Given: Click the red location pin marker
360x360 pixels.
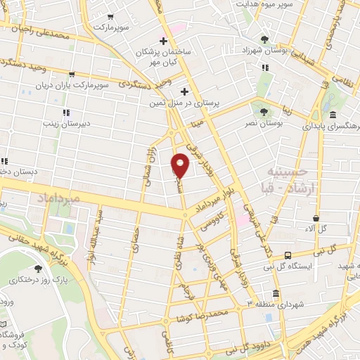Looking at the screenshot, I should click(x=180, y=165).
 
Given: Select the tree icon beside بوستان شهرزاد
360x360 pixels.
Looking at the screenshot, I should click(x=265, y=39).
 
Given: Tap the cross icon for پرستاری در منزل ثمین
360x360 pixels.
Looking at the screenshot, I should click(x=184, y=91).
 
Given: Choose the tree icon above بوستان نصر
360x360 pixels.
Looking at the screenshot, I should click(x=264, y=111).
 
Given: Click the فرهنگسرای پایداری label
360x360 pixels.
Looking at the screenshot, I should click(x=326, y=127).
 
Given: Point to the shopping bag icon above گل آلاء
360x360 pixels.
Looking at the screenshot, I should click(x=317, y=218).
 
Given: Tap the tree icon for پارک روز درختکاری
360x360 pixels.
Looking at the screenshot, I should click(x=38, y=268).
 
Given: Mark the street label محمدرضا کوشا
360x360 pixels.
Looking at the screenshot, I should click(x=223, y=311).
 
